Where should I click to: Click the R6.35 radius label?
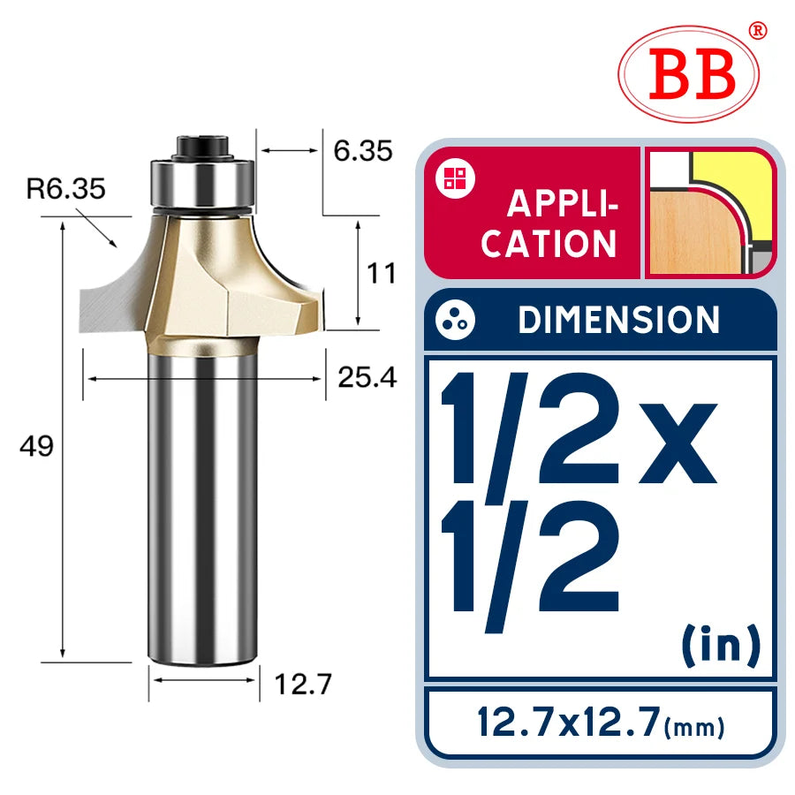coord(65,189)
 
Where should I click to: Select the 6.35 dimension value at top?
coord(362,150)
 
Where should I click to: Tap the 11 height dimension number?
coord(381,274)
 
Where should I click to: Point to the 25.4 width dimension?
coord(367,377)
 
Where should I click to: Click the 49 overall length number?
coord(36,447)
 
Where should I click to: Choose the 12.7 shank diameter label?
coord(303,684)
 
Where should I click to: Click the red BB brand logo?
coord(689,74)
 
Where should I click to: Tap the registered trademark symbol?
coord(758,30)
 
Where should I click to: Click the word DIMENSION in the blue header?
coord(618,320)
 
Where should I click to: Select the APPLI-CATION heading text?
coord(550,223)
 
